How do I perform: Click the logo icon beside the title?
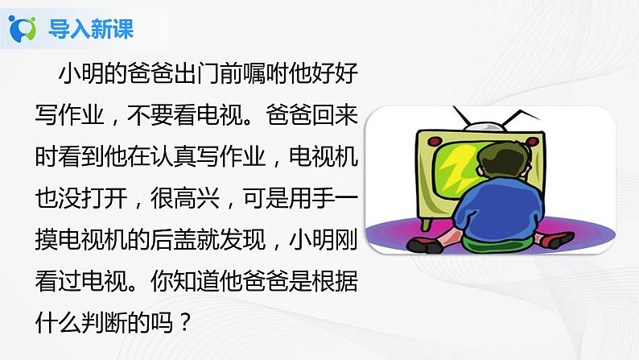pyautogui.click(x=22, y=29)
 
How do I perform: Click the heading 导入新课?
pyautogui.click(x=91, y=30)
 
